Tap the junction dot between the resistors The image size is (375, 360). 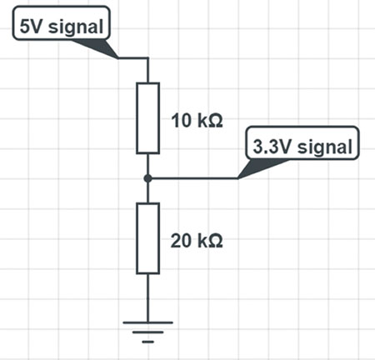point(148,178)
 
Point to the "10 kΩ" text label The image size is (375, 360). point(197,121)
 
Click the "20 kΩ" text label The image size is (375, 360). point(197,241)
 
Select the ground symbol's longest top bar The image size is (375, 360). point(147,322)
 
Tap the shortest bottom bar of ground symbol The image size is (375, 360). point(147,342)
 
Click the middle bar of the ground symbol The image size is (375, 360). point(147,332)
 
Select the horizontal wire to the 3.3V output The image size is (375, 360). point(192,178)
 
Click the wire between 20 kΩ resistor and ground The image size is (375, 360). point(147,297)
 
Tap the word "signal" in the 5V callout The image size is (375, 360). point(76,27)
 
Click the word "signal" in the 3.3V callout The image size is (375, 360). point(325,147)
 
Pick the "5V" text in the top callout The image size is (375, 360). point(32,27)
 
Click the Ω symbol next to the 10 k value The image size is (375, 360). point(215,121)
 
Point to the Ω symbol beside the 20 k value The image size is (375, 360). point(215,241)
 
